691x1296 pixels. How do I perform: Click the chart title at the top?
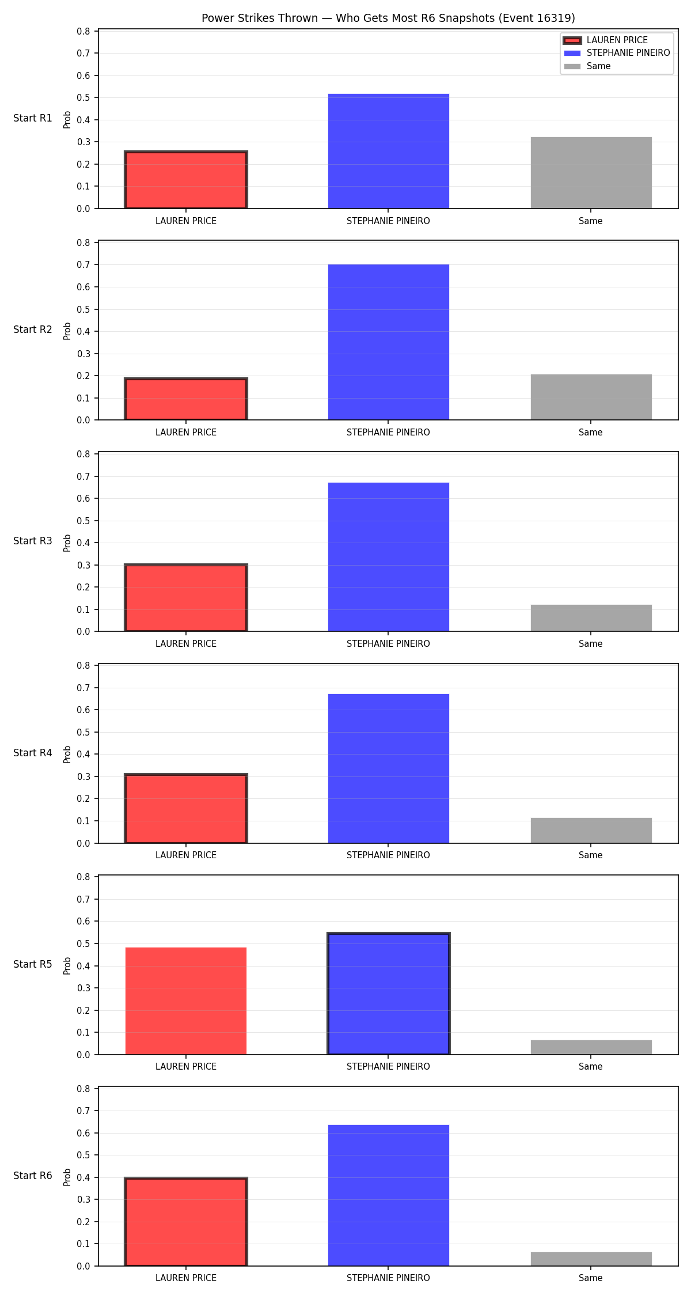point(388,18)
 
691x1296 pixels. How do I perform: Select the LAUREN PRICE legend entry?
point(605,40)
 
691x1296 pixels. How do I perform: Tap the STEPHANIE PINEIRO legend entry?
point(617,53)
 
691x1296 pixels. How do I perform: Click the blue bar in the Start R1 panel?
point(389,151)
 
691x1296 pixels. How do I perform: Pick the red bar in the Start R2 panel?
point(186,399)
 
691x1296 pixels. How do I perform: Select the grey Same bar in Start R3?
point(591,618)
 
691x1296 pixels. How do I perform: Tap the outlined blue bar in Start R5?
point(389,994)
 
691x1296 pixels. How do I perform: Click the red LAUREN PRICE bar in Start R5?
point(186,1001)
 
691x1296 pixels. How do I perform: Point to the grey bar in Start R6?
point(591,1259)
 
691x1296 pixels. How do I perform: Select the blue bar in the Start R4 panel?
point(389,768)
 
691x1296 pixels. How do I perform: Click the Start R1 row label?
point(33,118)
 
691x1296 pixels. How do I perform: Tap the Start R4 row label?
point(33,753)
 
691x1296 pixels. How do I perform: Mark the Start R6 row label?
point(33,1176)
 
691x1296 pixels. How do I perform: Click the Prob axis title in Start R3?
point(67,543)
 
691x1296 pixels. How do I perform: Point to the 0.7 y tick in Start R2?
point(84,265)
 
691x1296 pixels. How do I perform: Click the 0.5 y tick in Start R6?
point(84,1155)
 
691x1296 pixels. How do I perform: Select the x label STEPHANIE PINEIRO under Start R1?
point(388,221)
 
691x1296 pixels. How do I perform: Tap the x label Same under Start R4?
point(591,855)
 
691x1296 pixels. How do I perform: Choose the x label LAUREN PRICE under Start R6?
point(186,1278)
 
